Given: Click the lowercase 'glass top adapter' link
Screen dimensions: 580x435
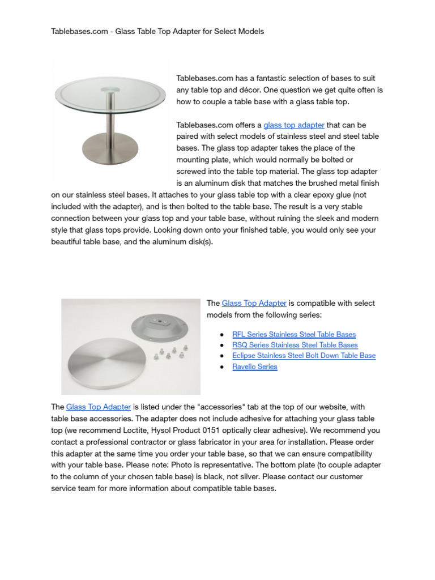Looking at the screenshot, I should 294,125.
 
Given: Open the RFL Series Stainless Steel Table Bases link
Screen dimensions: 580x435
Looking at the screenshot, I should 294,334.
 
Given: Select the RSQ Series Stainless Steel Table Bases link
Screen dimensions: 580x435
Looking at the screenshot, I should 295,345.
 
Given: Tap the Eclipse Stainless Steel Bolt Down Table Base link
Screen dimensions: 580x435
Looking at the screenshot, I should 304,356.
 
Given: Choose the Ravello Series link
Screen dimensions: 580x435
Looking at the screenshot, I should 254,366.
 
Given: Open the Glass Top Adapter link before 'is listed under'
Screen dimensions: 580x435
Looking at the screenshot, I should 99,407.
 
